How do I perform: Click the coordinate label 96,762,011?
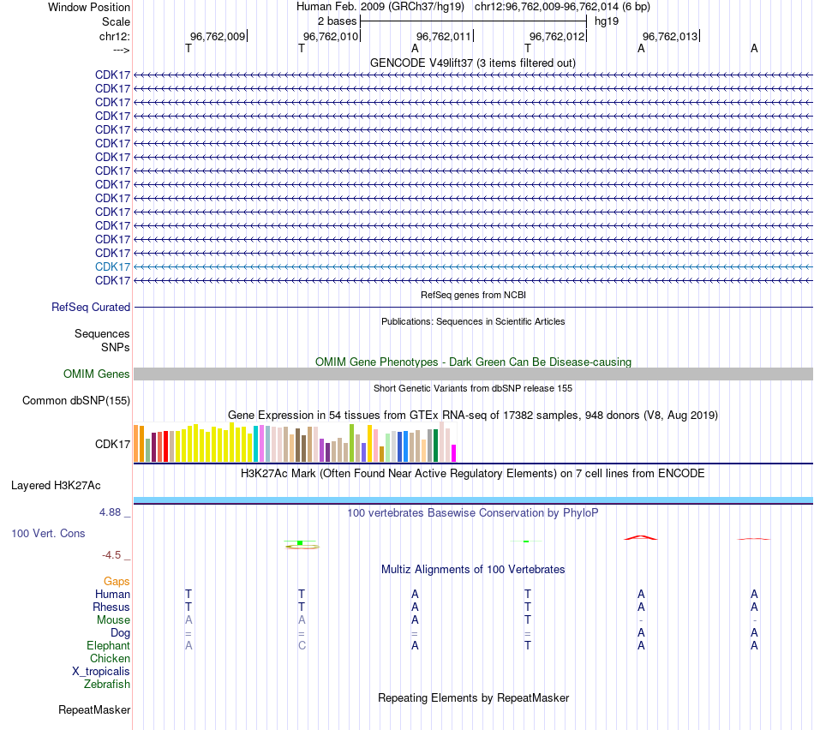(x=444, y=36)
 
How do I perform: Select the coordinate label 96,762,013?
(x=670, y=36)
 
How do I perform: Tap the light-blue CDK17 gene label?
(x=112, y=266)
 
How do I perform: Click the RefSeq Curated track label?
(x=91, y=307)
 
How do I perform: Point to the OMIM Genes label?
(x=97, y=374)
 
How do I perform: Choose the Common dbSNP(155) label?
(x=76, y=400)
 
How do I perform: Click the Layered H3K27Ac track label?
(x=56, y=485)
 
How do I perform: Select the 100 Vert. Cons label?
(x=48, y=533)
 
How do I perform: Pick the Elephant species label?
(x=108, y=645)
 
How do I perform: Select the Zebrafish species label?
(x=107, y=684)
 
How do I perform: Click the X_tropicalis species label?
(x=101, y=671)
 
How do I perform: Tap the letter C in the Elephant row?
(x=302, y=645)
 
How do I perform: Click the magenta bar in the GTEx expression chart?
(x=454, y=452)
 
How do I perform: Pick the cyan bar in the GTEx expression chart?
(x=255, y=443)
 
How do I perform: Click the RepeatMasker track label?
(x=94, y=709)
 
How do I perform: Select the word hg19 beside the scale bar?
(x=607, y=21)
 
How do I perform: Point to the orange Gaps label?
(x=117, y=581)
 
